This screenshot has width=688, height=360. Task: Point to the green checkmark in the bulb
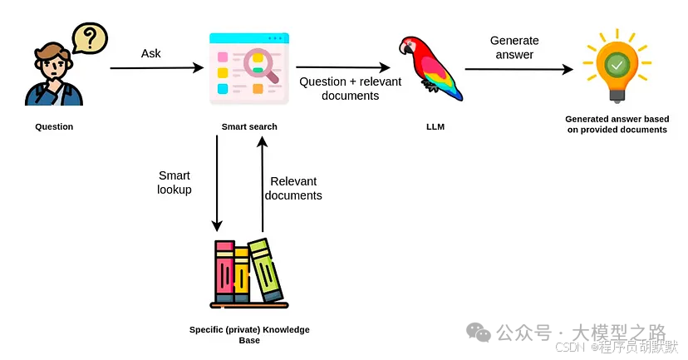pos(617,64)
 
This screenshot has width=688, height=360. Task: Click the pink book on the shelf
pos(224,271)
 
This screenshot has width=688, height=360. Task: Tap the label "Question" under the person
pos(54,127)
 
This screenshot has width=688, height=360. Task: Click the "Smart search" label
pos(249,127)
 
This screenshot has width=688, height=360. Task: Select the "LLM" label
pos(433,127)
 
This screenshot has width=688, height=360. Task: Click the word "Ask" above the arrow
pos(151,53)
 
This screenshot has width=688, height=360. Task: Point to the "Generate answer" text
pos(514,47)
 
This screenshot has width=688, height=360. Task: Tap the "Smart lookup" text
pos(174,182)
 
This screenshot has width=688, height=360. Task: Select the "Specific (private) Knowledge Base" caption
pos(249,335)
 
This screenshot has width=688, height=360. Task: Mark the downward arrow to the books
pos(218,183)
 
